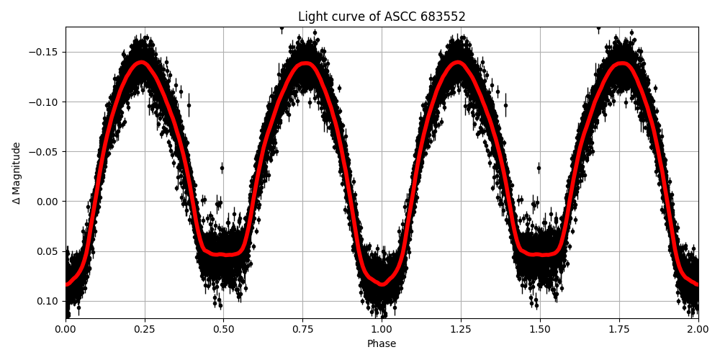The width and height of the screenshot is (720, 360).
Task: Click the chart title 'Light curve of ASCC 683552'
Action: tap(382, 17)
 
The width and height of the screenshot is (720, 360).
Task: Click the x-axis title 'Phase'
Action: tap(382, 344)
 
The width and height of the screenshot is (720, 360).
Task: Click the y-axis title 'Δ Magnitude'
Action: tap(17, 173)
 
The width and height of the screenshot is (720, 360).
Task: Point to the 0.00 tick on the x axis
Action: tap(66, 329)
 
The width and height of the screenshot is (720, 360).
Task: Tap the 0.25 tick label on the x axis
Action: tap(145, 329)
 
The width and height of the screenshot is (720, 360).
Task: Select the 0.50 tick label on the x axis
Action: tap(223, 329)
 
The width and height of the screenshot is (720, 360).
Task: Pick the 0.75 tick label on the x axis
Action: tap(302, 329)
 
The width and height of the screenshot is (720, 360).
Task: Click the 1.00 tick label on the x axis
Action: tap(382, 329)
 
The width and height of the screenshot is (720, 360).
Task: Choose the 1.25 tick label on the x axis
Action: tap(461, 329)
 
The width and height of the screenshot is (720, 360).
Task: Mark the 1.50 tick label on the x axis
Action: tap(540, 329)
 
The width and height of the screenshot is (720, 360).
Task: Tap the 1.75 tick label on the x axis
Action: tap(619, 329)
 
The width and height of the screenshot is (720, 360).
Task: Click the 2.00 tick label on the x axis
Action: tap(698, 329)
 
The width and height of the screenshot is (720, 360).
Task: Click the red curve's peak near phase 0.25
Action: tap(142, 62)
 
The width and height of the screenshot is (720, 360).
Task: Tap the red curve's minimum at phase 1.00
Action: tap(382, 284)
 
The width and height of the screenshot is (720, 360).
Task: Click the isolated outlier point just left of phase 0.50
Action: tap(222, 168)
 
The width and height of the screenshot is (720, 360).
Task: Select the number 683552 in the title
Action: tap(444, 17)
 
